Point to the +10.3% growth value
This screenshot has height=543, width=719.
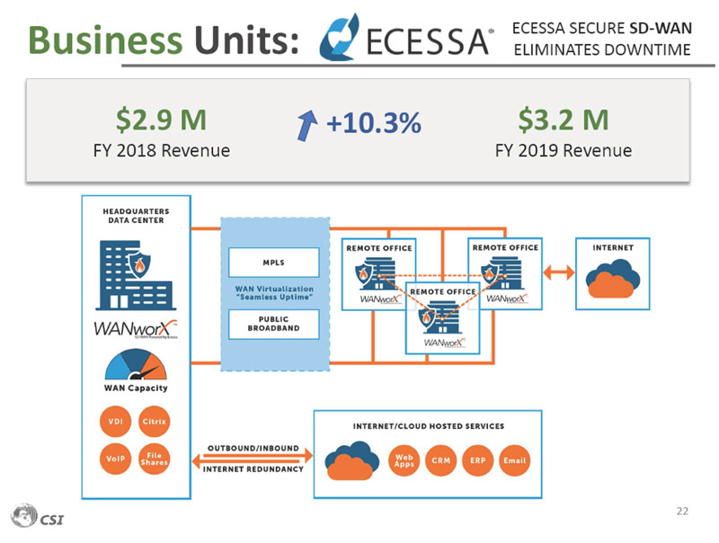click(374, 125)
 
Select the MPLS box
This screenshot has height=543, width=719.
click(273, 263)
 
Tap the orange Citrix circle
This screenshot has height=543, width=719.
click(154, 423)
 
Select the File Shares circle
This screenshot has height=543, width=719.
click(154, 458)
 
